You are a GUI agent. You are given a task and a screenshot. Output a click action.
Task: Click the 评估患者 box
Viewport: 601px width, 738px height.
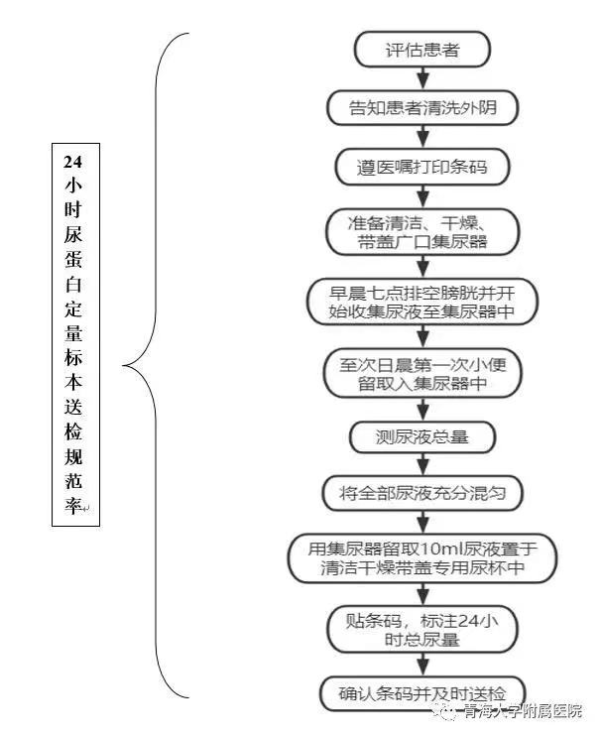pyautogui.click(x=422, y=50)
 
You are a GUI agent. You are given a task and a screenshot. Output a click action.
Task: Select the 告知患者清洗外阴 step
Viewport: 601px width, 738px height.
pyautogui.click(x=422, y=108)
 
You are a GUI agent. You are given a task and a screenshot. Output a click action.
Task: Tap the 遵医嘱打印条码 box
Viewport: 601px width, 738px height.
pyautogui.click(x=422, y=167)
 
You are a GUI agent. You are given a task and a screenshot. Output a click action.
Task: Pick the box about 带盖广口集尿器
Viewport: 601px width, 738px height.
pyautogui.click(x=422, y=232)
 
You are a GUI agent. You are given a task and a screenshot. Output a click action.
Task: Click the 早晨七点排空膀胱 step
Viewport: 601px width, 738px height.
pyautogui.click(x=422, y=302)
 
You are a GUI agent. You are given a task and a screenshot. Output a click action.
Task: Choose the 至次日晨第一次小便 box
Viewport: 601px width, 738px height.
pyautogui.click(x=422, y=374)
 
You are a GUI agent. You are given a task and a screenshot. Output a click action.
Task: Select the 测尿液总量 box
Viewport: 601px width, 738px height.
pyautogui.click(x=422, y=437)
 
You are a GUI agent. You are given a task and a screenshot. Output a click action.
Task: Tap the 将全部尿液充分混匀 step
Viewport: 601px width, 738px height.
pyautogui.click(x=422, y=493)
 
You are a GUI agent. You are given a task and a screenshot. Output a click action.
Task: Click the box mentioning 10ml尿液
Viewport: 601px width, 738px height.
pyautogui.click(x=422, y=558)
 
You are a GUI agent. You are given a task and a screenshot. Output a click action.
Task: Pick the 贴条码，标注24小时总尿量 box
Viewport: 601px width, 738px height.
pyautogui.click(x=422, y=630)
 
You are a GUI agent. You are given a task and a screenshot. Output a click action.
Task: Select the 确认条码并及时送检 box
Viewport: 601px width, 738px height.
pyautogui.click(x=422, y=693)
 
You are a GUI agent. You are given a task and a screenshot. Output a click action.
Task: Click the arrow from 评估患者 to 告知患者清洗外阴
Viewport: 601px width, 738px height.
pyautogui.click(x=423, y=79)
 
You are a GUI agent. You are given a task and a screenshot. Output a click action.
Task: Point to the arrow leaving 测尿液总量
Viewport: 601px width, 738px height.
pyautogui.click(x=423, y=465)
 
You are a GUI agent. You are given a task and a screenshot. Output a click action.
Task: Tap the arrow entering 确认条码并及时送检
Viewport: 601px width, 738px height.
pyautogui.click(x=423, y=665)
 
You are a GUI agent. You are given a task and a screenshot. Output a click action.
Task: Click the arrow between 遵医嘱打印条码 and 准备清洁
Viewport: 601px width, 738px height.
pyautogui.click(x=423, y=197)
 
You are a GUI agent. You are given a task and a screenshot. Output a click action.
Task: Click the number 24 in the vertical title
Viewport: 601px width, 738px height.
pyautogui.click(x=73, y=162)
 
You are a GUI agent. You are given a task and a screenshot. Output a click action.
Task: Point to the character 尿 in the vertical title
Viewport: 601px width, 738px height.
pyautogui.click(x=73, y=234)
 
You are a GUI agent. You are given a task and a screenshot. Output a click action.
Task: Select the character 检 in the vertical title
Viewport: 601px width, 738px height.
pyautogui.click(x=73, y=431)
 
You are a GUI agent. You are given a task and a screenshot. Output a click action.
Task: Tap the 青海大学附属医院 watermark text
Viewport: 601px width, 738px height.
pyautogui.click(x=523, y=710)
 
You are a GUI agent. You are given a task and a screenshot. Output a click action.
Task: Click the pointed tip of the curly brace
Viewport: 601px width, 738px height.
pyautogui.click(x=122, y=365)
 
